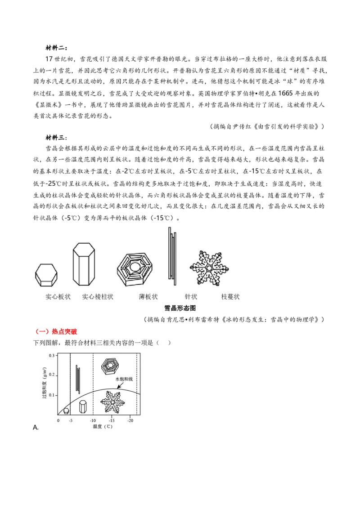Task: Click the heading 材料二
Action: click(x=56, y=48)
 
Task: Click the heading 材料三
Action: click(x=56, y=138)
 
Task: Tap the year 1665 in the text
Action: click(x=286, y=93)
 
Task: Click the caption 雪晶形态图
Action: click(x=180, y=308)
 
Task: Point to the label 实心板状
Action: click(x=58, y=296)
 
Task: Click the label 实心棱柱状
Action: click(x=98, y=296)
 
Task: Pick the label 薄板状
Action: click(x=148, y=296)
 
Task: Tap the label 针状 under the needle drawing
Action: click(x=191, y=296)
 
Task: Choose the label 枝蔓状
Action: click(x=230, y=296)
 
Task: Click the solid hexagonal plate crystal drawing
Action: click(x=46, y=275)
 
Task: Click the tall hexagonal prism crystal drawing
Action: click(x=84, y=264)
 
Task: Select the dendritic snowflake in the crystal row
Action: click(x=209, y=268)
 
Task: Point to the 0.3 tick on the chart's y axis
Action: click(x=52, y=356)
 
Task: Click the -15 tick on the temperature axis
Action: click(x=112, y=420)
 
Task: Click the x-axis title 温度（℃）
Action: click(x=103, y=427)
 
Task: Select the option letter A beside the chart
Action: click(x=36, y=428)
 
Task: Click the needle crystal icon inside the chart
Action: click(x=78, y=379)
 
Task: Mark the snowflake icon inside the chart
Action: click(x=112, y=402)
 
